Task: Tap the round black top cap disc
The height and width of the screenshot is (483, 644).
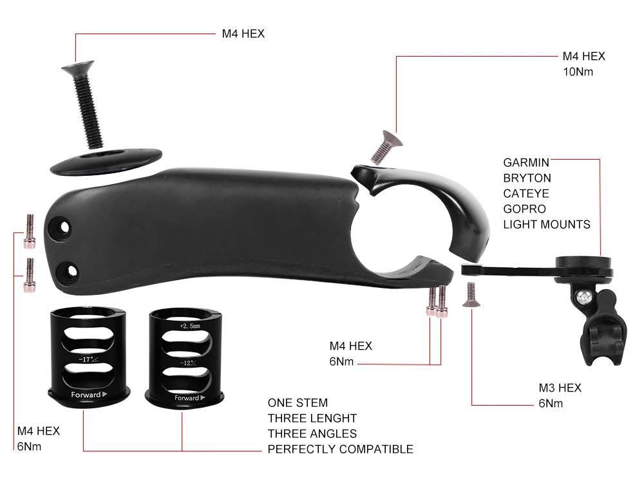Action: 106,162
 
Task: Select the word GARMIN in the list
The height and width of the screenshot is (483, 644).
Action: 526,163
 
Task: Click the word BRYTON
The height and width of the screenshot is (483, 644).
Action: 527,178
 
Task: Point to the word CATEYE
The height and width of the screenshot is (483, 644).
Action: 526,193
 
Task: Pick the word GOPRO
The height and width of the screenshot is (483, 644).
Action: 524,209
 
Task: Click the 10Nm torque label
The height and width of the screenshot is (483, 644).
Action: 578,72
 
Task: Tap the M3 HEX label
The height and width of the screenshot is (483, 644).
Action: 560,388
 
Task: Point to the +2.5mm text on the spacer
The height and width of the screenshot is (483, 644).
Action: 190,326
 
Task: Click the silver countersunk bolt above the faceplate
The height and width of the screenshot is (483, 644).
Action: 385,147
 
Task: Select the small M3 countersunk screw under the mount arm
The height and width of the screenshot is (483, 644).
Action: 471,295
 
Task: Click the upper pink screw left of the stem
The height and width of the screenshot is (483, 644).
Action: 30,231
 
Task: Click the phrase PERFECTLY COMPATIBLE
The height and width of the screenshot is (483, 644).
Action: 341,450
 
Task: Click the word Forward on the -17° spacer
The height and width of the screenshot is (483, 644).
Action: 86,395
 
